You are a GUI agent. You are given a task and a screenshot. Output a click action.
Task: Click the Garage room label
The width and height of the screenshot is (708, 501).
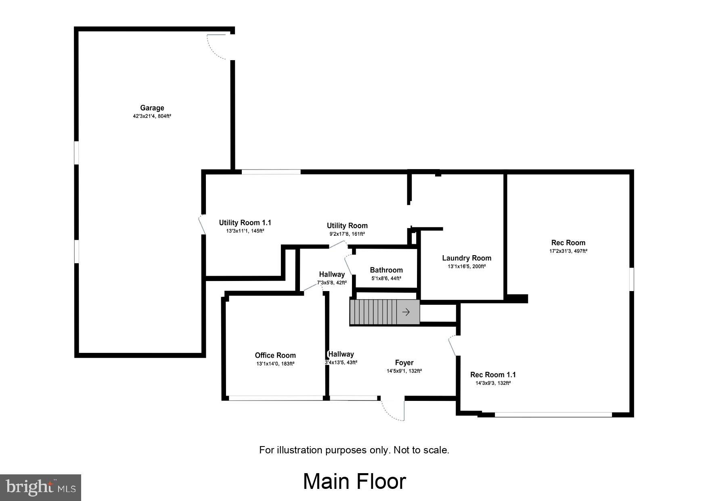pos(152,108)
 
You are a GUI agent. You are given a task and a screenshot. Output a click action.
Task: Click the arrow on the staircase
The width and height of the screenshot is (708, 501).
pos(406,312)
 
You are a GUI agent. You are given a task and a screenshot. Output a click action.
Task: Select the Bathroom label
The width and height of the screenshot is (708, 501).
pos(386,270)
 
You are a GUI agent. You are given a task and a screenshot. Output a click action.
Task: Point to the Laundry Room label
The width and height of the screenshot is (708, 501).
pos(467,258)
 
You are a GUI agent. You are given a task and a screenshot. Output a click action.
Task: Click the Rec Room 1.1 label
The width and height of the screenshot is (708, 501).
pos(493,375)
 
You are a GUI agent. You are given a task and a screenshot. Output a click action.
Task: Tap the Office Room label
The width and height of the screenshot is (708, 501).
pos(275,355)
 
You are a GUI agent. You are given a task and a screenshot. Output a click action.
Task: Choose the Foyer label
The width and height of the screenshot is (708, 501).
pos(404,363)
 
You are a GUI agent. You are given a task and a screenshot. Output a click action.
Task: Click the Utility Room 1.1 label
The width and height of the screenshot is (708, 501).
pos(245,222)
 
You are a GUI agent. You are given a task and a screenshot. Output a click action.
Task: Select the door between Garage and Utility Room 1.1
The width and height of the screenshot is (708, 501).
pos(203,224)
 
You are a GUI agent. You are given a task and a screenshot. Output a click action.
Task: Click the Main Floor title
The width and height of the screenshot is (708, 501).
pos(354,481)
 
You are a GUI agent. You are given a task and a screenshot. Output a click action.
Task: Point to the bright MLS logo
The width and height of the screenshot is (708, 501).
pos(41,487)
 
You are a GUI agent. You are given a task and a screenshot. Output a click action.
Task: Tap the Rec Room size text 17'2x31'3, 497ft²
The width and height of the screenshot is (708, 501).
pos(568,251)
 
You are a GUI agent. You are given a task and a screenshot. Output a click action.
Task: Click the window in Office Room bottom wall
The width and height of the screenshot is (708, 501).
pos(276,398)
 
